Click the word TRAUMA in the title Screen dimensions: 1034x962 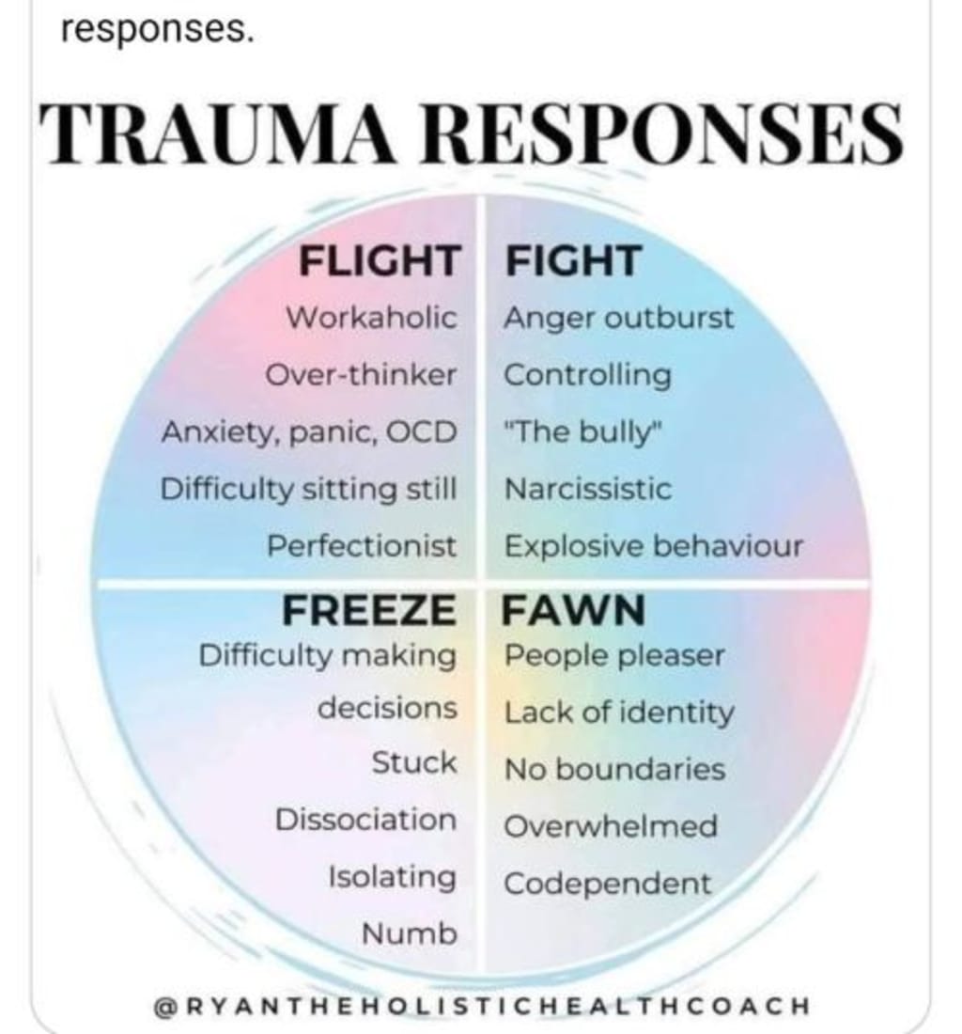pyautogui.click(x=225, y=135)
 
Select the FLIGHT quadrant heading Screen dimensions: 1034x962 pyautogui.click(x=380, y=261)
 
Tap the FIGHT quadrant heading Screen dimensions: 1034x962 pyautogui.click(x=573, y=261)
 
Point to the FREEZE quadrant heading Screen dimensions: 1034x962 pyautogui.click(x=368, y=612)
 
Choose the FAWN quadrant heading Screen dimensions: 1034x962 pyautogui.click(x=573, y=612)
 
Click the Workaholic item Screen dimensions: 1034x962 pyautogui.click(x=372, y=318)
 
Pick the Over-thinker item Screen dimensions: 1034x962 pyautogui.click(x=361, y=376)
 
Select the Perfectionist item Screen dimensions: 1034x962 pyautogui.click(x=363, y=546)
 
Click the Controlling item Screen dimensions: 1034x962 pyautogui.click(x=588, y=376)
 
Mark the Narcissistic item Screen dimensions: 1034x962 pyautogui.click(x=588, y=490)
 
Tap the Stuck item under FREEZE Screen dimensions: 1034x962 pyautogui.click(x=413, y=762)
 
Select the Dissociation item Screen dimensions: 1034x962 pyautogui.click(x=365, y=820)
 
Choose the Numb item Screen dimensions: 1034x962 pyautogui.click(x=410, y=934)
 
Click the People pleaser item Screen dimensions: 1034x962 pyautogui.click(x=614, y=656)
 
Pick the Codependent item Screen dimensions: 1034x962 pyautogui.click(x=608, y=885)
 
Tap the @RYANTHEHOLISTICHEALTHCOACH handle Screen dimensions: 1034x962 pyautogui.click(x=480, y=1005)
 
